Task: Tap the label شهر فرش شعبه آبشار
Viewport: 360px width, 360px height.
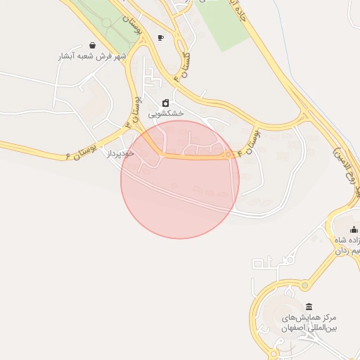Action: click(x=92, y=56)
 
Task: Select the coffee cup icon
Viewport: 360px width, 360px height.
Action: click(x=161, y=38)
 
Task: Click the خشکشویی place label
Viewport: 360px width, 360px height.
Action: click(x=166, y=112)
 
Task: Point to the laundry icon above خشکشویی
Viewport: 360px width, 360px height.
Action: click(x=166, y=103)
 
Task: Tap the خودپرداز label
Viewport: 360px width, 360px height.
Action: click(x=120, y=153)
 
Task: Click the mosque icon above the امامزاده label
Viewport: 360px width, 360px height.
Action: click(x=354, y=229)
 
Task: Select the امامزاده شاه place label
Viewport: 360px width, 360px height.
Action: click(x=347, y=240)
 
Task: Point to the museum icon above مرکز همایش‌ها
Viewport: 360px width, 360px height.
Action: click(x=310, y=307)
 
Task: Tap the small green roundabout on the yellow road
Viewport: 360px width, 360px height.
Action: click(x=228, y=154)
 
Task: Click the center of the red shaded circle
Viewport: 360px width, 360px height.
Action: click(x=180, y=179)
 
